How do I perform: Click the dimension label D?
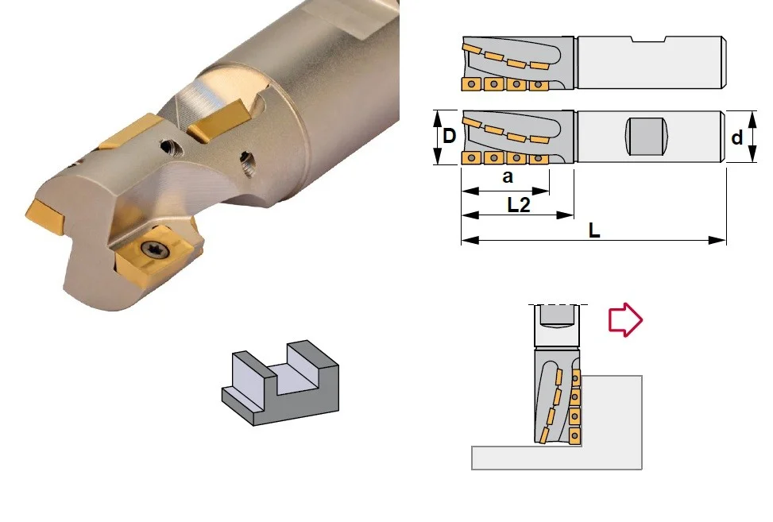click(449, 136)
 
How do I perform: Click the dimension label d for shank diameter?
click(737, 138)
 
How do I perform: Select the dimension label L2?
click(519, 204)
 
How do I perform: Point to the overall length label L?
click(594, 230)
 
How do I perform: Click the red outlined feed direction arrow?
click(625, 320)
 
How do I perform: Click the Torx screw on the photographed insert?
click(157, 249)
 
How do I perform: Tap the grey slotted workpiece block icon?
click(280, 382)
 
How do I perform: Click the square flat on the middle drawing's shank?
click(647, 137)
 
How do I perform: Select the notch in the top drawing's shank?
click(649, 39)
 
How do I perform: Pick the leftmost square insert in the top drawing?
click(471, 84)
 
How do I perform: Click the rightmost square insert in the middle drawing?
click(539, 159)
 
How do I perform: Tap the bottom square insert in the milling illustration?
click(574, 436)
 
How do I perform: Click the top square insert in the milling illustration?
click(575, 378)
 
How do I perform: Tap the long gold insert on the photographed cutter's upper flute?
click(218, 120)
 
